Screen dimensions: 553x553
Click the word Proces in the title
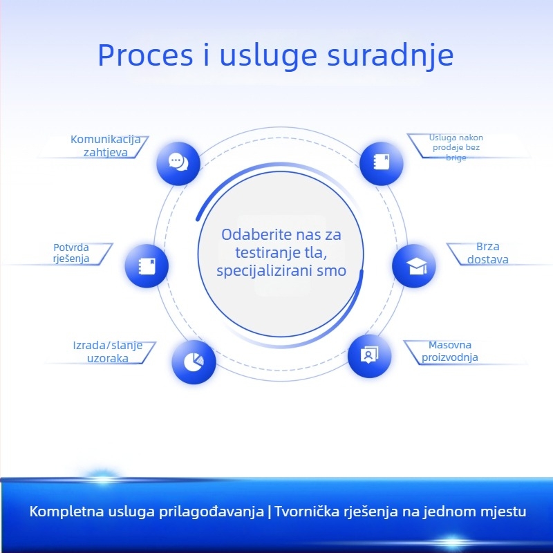coord(145,55)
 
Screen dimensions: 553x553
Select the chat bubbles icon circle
coord(178,163)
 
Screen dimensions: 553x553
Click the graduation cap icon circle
coord(414,265)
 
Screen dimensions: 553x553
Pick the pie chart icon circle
coord(194,362)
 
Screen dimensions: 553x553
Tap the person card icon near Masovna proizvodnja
coord(369,355)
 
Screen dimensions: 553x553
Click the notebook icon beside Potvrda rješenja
coord(147,265)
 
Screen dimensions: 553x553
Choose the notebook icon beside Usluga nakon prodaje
coord(382,163)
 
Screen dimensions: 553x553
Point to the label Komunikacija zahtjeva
coord(106,146)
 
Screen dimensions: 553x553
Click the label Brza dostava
coord(488,253)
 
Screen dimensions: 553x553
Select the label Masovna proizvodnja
coord(450,351)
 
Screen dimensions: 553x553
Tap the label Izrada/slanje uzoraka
coord(108,352)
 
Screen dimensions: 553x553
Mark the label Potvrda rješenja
coord(71,253)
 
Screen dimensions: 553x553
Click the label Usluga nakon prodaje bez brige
coord(456,147)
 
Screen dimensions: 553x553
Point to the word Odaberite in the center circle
coord(256,234)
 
